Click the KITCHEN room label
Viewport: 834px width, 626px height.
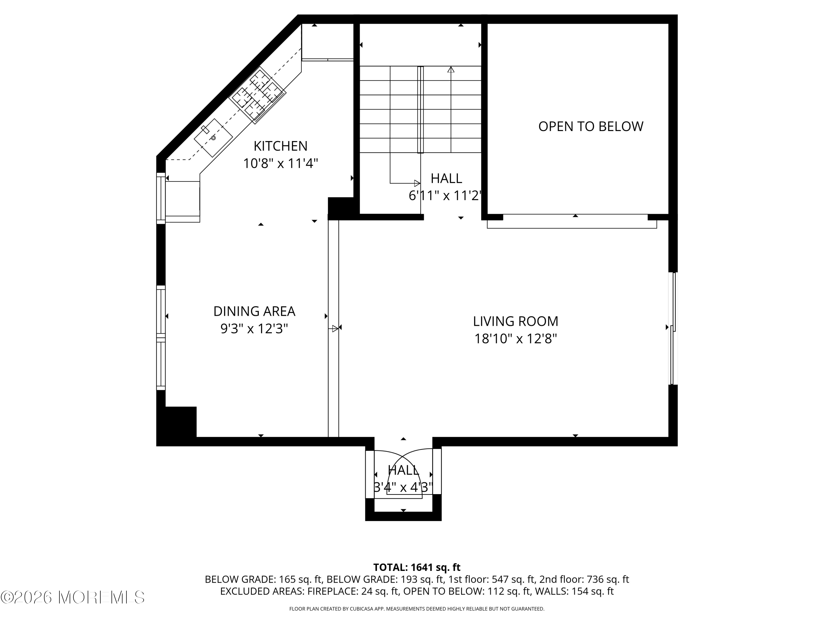pyautogui.click(x=280, y=146)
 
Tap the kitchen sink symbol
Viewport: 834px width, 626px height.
pyautogui.click(x=213, y=138)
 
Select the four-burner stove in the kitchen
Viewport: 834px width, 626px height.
pyautogui.click(x=257, y=95)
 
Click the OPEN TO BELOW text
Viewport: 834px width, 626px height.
pyautogui.click(x=590, y=126)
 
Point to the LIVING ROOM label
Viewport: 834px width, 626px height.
pyautogui.click(x=515, y=321)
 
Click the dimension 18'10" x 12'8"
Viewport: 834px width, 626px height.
pyautogui.click(x=515, y=339)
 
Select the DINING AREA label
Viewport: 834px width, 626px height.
pyautogui.click(x=254, y=311)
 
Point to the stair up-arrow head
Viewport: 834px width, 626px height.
pyautogui.click(x=451, y=70)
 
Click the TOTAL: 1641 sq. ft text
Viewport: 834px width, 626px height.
pyautogui.click(x=417, y=567)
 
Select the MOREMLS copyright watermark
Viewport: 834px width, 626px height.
pyautogui.click(x=72, y=597)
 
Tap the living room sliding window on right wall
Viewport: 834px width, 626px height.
pyautogui.click(x=673, y=328)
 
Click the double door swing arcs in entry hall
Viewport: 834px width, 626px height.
pyautogui.click(x=403, y=472)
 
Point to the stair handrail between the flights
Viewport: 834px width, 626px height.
pyautogui.click(x=420, y=109)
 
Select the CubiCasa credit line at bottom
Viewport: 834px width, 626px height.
pyautogui.click(x=417, y=609)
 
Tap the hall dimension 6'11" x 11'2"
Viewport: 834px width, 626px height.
pyautogui.click(x=445, y=196)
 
